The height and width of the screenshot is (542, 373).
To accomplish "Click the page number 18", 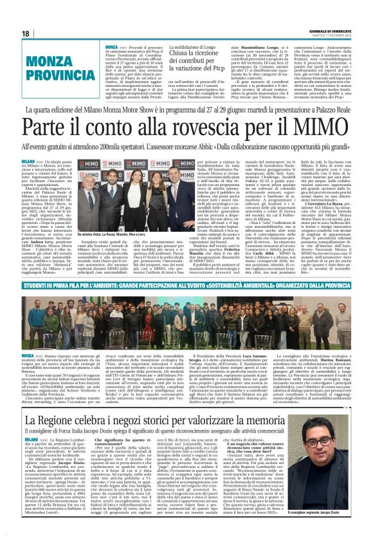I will pyautogui.click(x=25, y=33).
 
